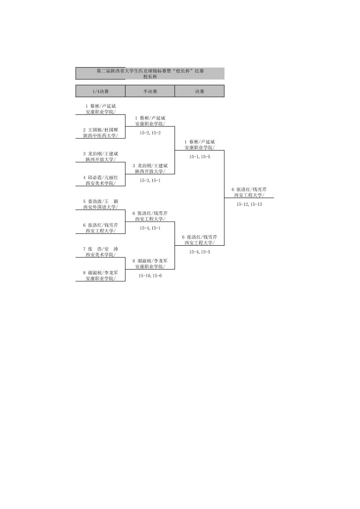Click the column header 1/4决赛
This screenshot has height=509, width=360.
pos(100,91)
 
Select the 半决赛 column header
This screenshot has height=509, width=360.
pos(150,91)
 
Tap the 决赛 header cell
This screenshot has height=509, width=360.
pos(199,91)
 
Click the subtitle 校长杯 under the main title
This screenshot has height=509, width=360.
pos(150,77)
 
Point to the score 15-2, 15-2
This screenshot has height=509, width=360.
pos(150,133)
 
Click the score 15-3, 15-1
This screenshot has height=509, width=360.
pos(150,180)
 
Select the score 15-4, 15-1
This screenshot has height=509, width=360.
pos(150,228)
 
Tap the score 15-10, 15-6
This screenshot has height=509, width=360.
pos(150,276)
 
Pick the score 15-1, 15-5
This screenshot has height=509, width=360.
pos(199,157)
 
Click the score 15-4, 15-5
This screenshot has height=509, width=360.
pos(199,252)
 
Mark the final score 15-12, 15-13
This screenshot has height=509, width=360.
pos(249,204)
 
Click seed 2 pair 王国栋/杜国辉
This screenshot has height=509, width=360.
pos(100,130)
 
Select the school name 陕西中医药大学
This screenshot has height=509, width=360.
pos(100,136)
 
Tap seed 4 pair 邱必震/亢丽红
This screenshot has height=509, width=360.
pos(100,177)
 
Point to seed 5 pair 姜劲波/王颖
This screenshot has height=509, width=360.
pos(100,201)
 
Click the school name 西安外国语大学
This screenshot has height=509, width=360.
pos(100,207)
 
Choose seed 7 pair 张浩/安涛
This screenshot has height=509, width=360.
pos(100,249)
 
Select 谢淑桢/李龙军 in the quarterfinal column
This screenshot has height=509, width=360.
pos(100,273)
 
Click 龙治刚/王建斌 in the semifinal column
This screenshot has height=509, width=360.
pos(150,165)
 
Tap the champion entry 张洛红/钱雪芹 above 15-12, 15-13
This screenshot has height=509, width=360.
pos(249,189)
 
